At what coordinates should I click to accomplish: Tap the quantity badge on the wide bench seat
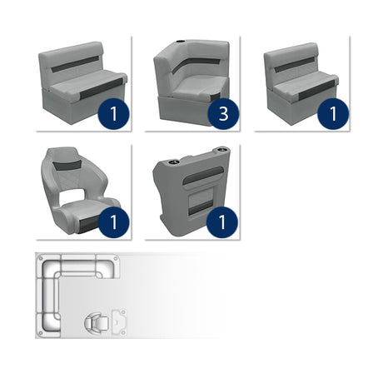pos(111,112)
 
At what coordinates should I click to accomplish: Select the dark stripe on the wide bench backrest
pos(80,66)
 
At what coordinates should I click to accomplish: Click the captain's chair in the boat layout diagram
pos(97,321)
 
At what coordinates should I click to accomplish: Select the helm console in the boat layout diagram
pos(118,321)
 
